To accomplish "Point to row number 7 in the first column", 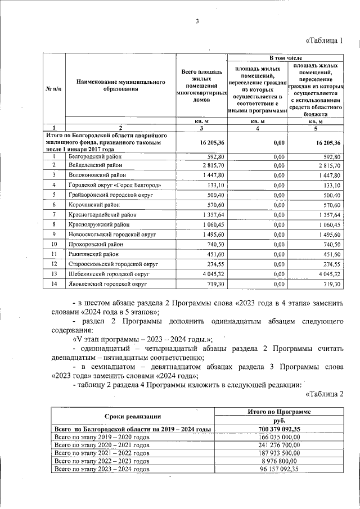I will point(54,214).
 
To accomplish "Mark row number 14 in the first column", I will point(54,285).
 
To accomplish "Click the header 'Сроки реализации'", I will point(133,416).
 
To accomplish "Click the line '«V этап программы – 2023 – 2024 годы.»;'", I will point(142,339).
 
